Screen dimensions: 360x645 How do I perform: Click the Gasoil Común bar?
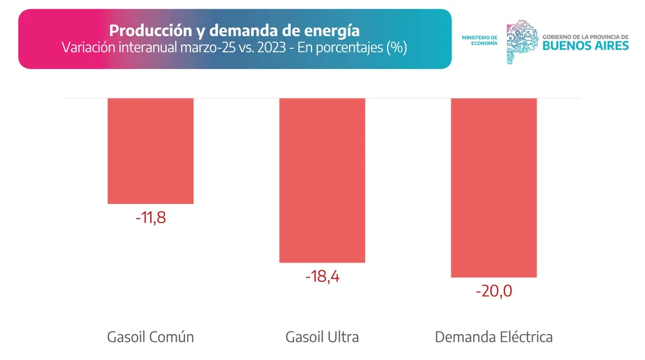150,150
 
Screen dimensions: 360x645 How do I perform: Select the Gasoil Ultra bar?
322,180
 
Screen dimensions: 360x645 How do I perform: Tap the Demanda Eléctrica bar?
493,187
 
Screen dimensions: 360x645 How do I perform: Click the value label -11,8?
151,217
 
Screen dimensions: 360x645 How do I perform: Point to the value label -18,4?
322,277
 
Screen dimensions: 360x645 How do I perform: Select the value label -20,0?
493,292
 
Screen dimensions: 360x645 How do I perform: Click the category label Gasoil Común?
150,337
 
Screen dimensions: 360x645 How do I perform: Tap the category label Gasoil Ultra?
322,337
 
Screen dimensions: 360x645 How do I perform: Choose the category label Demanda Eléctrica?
493,337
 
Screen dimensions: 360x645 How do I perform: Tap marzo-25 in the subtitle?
209,48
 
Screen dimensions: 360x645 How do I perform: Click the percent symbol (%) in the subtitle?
396,48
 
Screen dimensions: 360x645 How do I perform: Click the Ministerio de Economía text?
479,40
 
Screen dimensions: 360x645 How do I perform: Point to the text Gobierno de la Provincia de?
585,37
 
